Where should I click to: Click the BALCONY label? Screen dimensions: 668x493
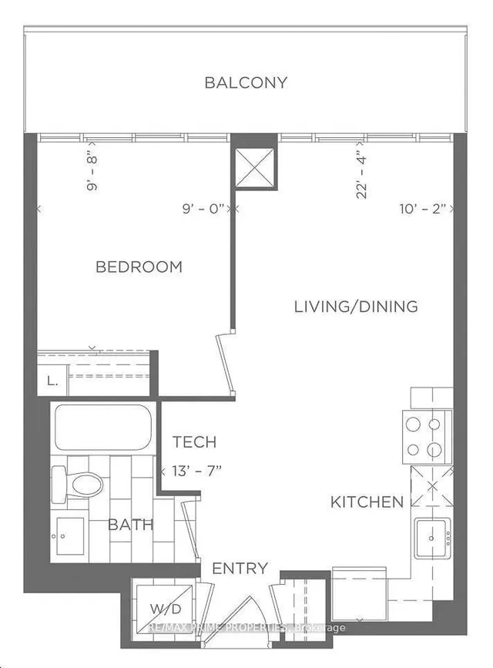(x=246, y=82)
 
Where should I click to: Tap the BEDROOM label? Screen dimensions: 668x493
(x=139, y=267)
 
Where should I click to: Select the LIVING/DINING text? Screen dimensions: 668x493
(x=356, y=306)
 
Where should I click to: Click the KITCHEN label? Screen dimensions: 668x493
(x=367, y=502)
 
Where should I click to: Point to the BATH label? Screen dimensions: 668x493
(x=130, y=525)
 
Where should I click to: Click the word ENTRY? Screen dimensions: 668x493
(x=240, y=569)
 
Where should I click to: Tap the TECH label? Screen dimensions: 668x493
(x=194, y=442)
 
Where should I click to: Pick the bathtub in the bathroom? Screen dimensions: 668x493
(x=102, y=428)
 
